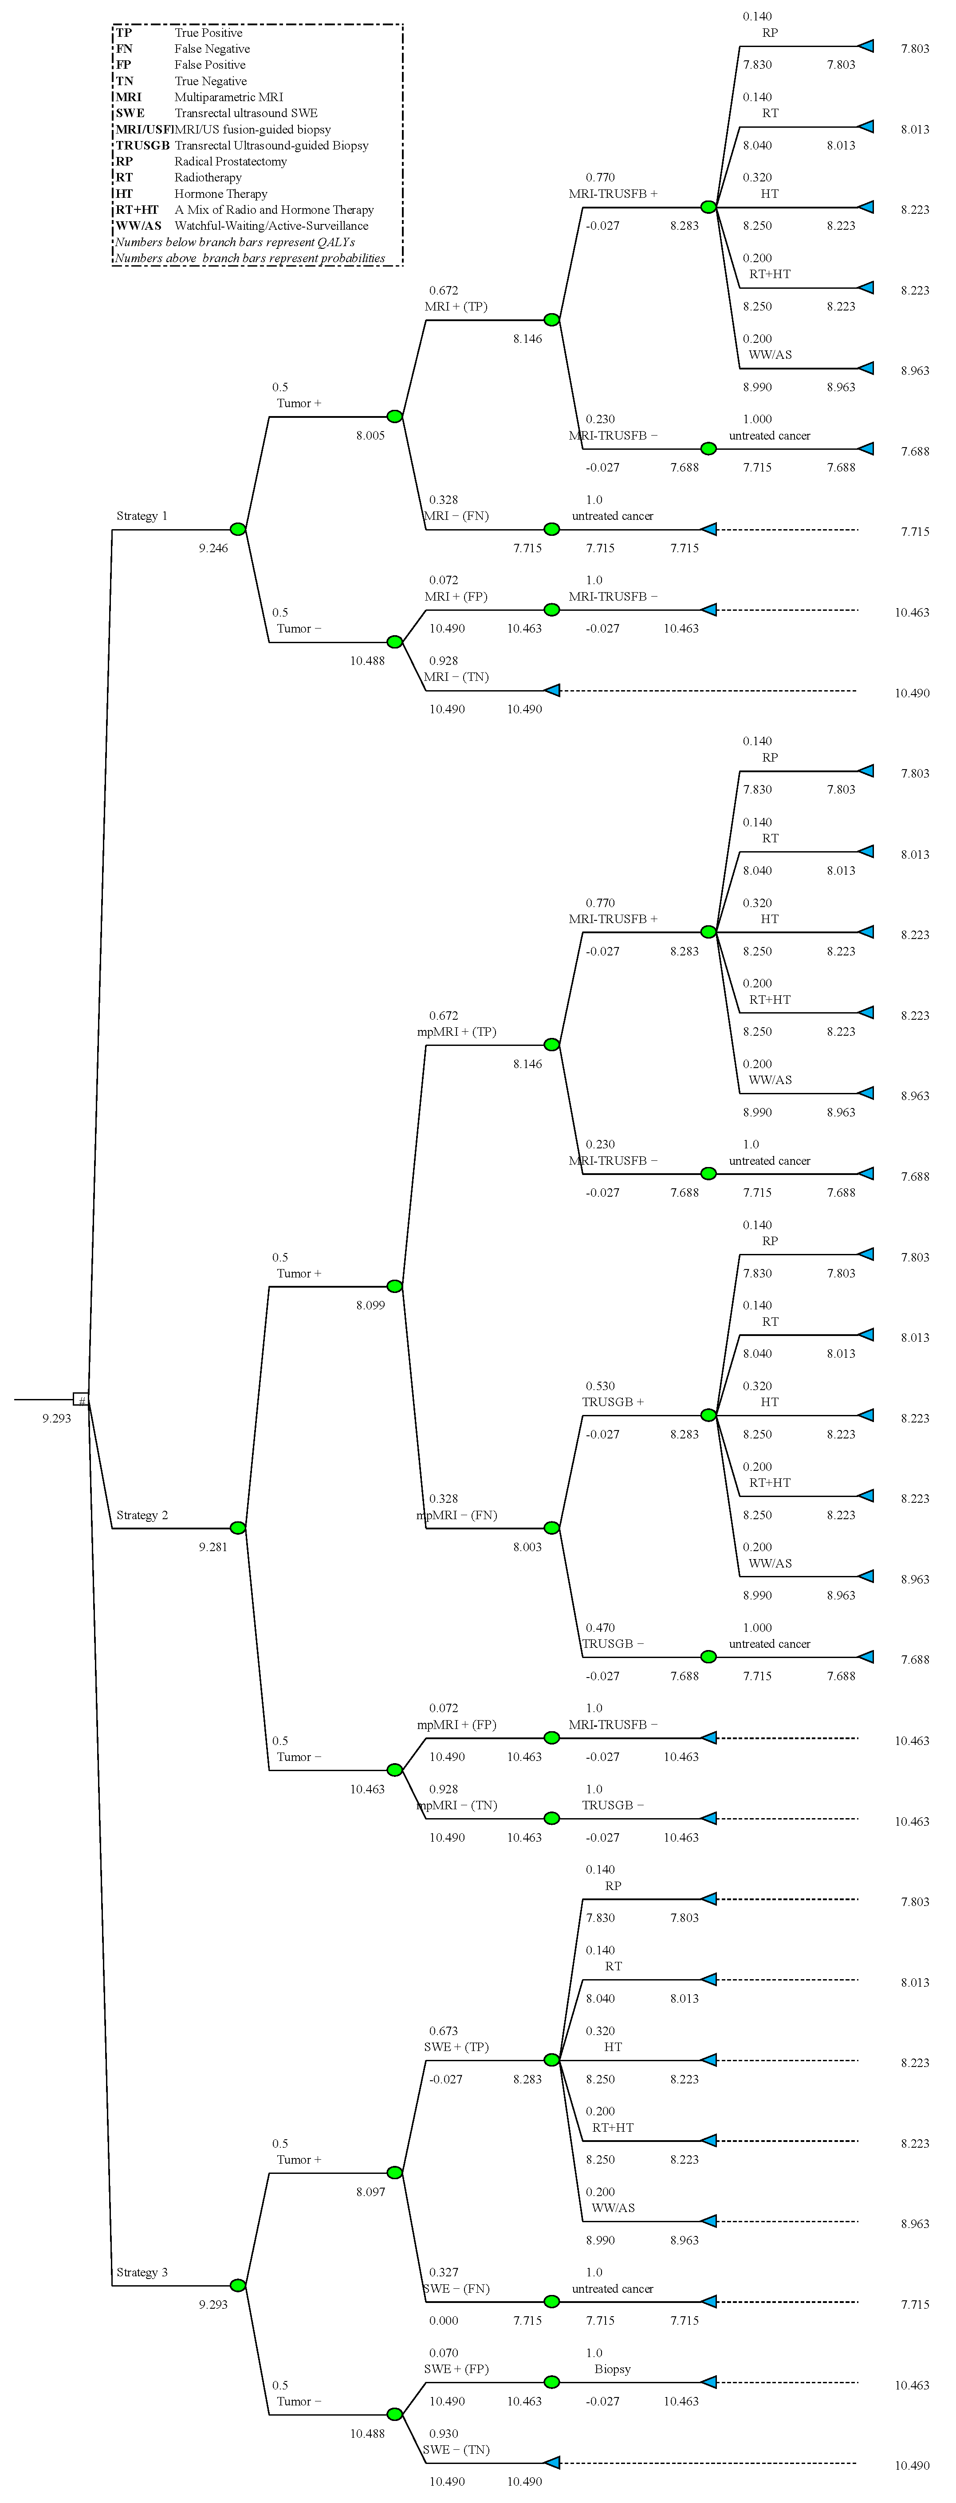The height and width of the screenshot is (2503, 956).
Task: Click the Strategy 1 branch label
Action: click(x=142, y=516)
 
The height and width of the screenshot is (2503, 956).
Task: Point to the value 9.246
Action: click(x=214, y=548)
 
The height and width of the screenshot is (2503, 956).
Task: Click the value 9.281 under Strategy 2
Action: click(x=214, y=1547)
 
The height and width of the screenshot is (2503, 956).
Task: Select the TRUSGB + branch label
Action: click(x=613, y=1402)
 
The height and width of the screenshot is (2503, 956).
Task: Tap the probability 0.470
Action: click(x=600, y=1627)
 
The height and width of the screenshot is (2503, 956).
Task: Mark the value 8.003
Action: click(x=527, y=1547)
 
